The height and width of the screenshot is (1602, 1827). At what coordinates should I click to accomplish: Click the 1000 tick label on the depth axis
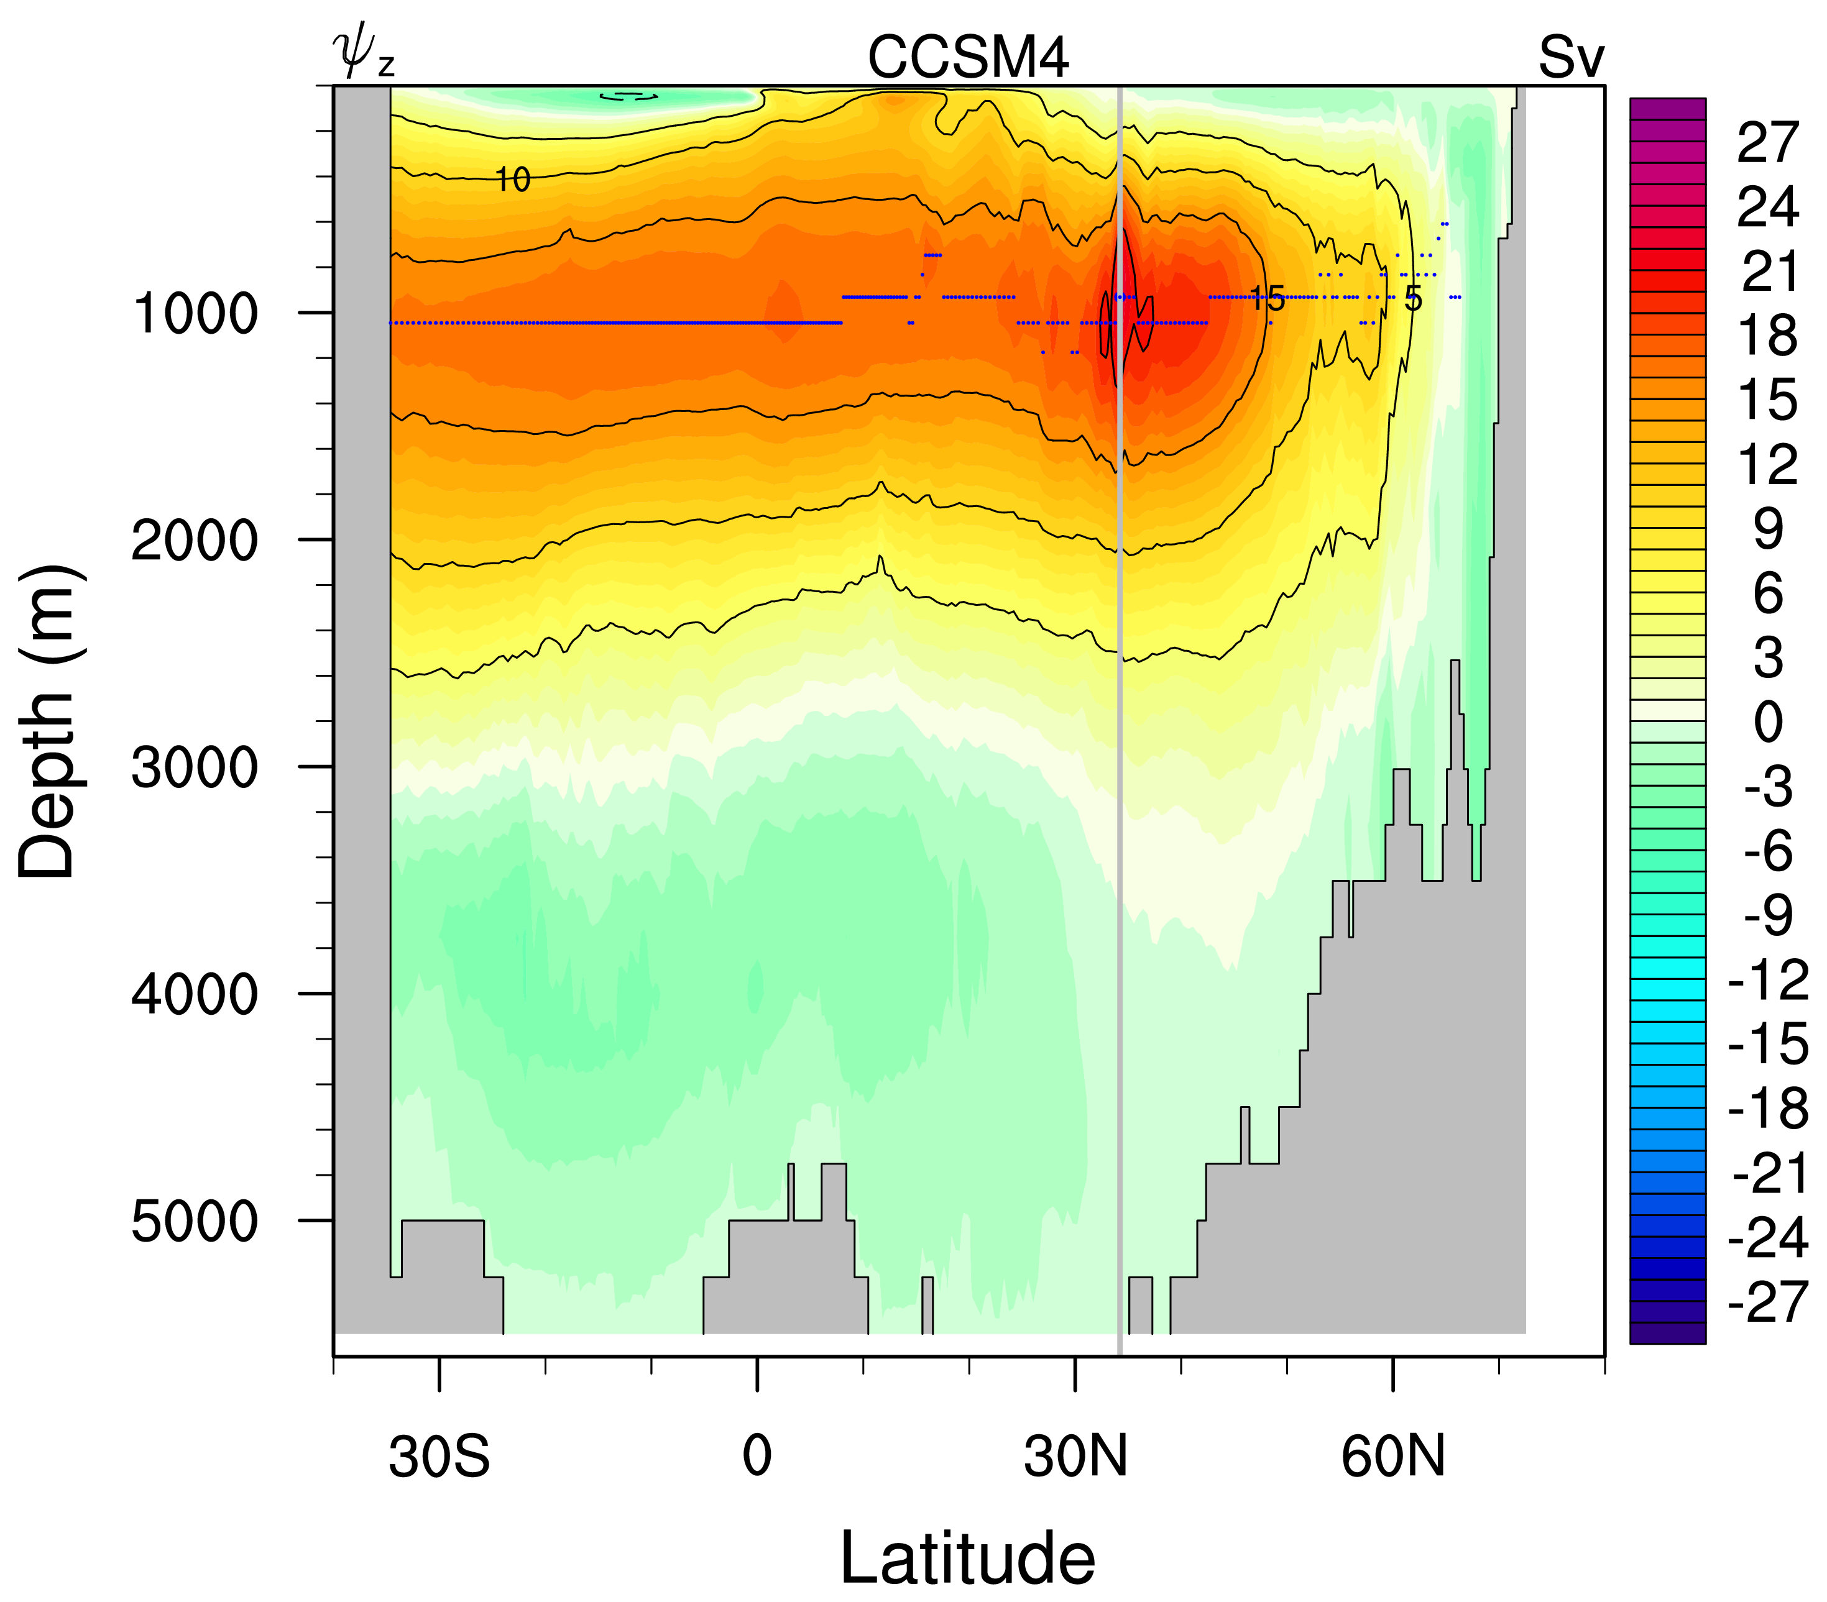point(195,314)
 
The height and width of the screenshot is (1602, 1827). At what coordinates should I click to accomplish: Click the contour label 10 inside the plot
point(512,180)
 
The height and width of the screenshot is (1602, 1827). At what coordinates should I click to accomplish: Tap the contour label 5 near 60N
point(1412,298)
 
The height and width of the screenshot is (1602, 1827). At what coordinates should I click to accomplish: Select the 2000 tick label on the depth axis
point(195,541)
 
